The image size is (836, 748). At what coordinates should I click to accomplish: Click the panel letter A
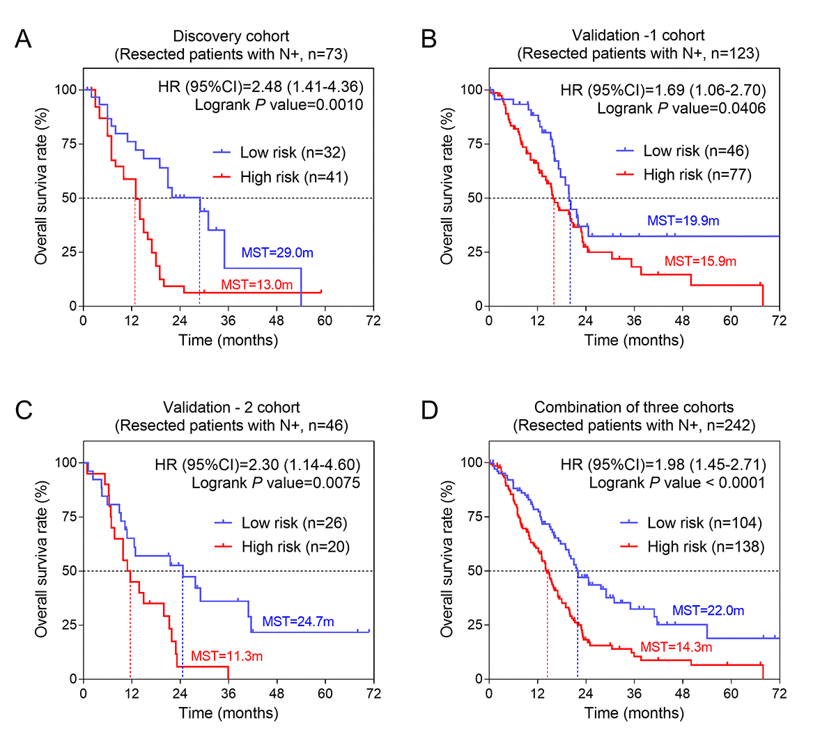[23, 39]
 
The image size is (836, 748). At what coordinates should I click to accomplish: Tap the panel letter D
[429, 411]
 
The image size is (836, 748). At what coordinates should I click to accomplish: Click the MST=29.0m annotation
[277, 253]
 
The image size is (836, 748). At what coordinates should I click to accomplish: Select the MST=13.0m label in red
[256, 285]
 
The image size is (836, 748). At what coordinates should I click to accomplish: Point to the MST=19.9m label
[683, 221]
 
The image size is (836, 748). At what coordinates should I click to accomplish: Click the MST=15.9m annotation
[700, 262]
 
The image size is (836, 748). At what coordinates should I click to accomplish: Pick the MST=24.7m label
[297, 622]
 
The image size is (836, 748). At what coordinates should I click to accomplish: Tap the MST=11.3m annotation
[226, 656]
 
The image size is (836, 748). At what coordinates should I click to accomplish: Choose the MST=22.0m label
[708, 611]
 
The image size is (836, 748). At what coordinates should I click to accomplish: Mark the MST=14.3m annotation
[676, 647]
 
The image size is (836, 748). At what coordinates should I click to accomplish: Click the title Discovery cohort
[231, 36]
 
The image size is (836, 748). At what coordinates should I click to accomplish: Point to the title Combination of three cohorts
[634, 407]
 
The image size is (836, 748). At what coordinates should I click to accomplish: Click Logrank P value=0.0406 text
[681, 109]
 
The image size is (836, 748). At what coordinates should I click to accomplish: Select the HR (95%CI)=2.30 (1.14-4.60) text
[258, 465]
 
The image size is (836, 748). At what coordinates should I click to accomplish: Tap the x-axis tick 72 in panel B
[779, 320]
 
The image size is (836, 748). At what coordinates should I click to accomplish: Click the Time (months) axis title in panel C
[229, 713]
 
